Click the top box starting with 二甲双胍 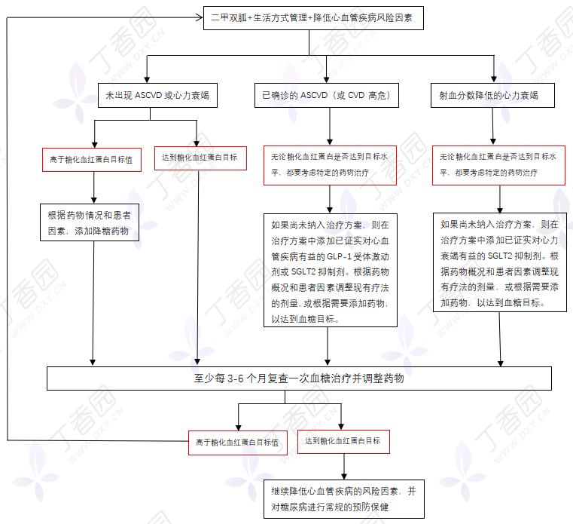pyautogui.click(x=313, y=18)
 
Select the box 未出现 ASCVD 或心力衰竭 pyautogui.click(x=157, y=96)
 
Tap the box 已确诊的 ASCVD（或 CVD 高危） pyautogui.click(x=326, y=96)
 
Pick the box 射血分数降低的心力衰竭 pyautogui.click(x=492, y=96)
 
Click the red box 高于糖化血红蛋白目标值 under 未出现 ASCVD pyautogui.click(x=92, y=160)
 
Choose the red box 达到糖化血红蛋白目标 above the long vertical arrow pyautogui.click(x=200, y=158)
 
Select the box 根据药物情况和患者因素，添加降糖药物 pyautogui.click(x=90, y=222)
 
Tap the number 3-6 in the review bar pyautogui.click(x=236, y=378)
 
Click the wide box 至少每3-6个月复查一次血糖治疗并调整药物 pyautogui.click(x=299, y=378)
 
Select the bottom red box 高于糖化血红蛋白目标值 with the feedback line pyautogui.click(x=238, y=443)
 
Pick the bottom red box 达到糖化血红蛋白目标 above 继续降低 pyautogui.click(x=343, y=442)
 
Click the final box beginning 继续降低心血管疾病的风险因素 pyautogui.click(x=344, y=499)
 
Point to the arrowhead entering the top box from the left pyautogui.click(x=200, y=17)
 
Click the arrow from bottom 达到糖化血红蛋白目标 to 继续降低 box pyautogui.click(x=344, y=467)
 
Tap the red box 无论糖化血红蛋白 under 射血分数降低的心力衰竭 pyautogui.click(x=498, y=165)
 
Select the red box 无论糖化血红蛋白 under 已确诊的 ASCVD pyautogui.click(x=330, y=165)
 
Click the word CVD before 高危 pyautogui.click(x=356, y=96)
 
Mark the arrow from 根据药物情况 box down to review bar pyautogui.click(x=93, y=303)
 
